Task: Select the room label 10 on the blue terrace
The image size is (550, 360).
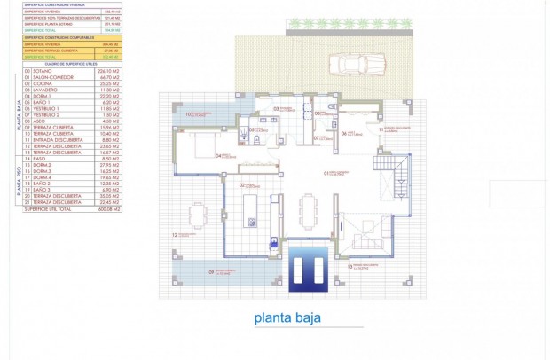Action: (189, 114)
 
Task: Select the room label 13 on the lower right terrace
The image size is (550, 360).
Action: (350, 265)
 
